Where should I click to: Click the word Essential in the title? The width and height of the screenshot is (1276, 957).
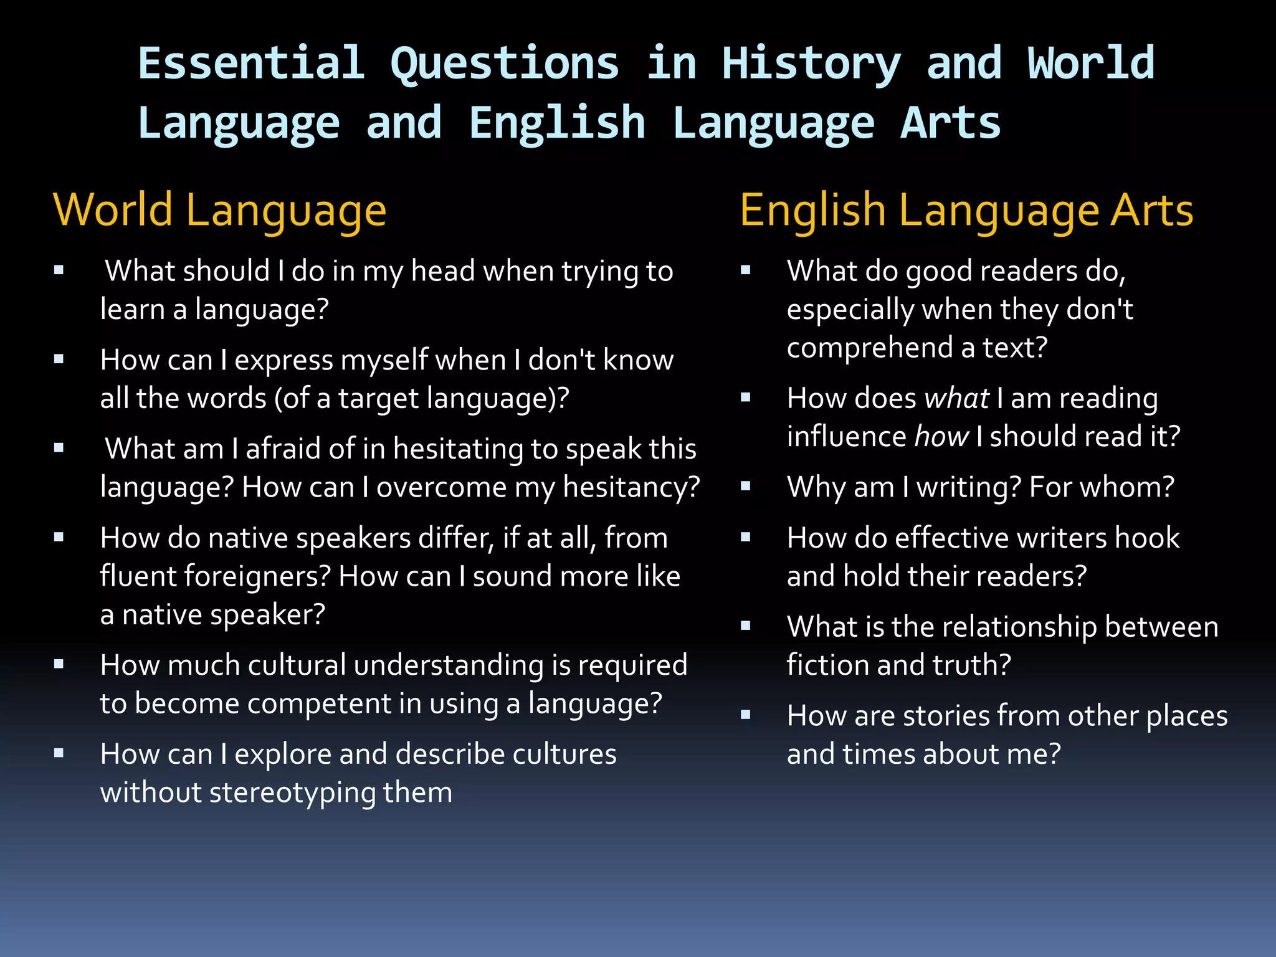[251, 64]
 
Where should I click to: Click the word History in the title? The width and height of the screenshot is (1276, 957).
[811, 64]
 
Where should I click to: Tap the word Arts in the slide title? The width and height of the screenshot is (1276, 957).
[951, 123]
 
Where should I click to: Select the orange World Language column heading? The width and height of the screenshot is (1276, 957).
[220, 211]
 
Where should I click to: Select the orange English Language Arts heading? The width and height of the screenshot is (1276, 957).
[966, 211]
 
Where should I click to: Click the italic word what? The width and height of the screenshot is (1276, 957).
[957, 398]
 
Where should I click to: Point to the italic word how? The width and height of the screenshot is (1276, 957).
[941, 436]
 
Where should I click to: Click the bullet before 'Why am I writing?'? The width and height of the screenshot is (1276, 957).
[745, 486]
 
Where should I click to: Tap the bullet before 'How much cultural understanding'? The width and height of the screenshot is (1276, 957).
[59, 664]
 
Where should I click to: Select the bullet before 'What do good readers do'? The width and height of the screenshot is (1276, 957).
[745, 270]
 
